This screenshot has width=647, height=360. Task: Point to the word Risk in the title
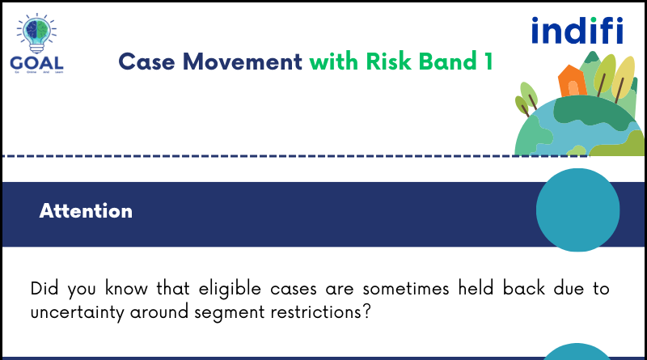pos(379,61)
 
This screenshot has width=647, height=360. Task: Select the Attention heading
pos(86,211)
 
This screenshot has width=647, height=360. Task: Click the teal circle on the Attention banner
pos(577,209)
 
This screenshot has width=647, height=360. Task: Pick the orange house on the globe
pos(572,80)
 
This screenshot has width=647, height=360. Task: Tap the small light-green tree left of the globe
pos(527,96)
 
